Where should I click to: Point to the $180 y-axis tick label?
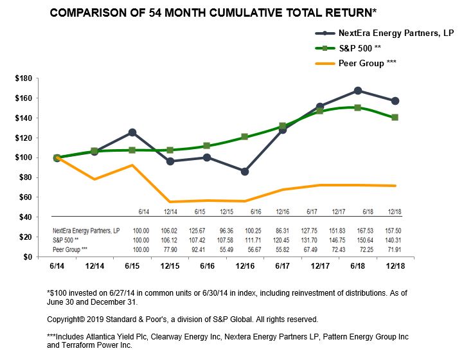(x=23, y=78)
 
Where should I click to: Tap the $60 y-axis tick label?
(x=25, y=197)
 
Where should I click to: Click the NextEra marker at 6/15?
(x=132, y=132)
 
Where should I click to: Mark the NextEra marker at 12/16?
(x=244, y=171)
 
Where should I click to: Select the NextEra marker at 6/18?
(x=357, y=91)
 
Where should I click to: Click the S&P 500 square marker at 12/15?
(x=170, y=150)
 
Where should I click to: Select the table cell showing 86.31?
(x=283, y=230)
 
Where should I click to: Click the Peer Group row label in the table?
(x=70, y=248)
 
